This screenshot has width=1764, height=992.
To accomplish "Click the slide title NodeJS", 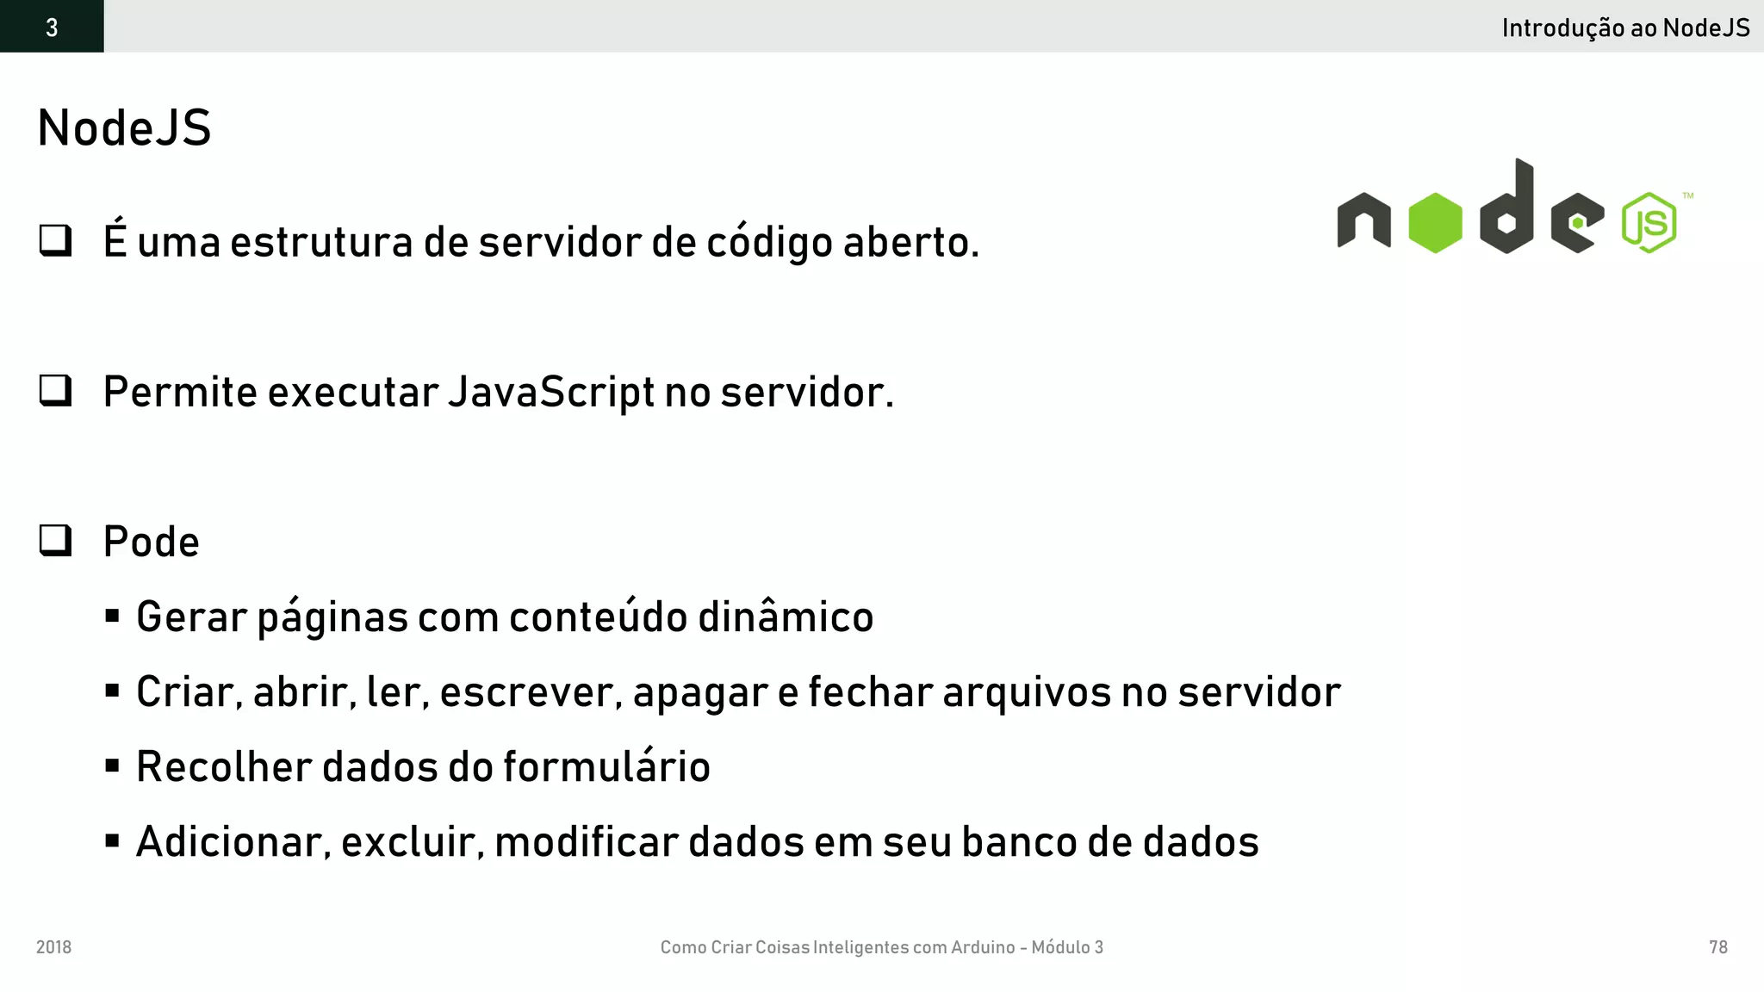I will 124,129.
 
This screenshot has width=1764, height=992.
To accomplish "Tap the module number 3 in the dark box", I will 52,28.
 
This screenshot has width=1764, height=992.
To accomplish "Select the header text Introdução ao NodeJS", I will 1625,28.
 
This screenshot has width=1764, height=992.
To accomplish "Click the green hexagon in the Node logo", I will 1435,223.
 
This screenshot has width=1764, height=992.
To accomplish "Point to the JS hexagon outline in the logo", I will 1649,223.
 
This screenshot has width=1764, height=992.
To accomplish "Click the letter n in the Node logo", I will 1363,221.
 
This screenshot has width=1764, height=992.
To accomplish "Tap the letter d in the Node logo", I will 1507,211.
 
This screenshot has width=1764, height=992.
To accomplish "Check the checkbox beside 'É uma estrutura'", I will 56,240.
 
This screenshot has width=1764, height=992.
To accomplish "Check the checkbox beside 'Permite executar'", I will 56,391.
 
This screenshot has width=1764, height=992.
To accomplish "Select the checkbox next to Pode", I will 56,541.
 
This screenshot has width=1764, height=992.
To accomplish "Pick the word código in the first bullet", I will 770,242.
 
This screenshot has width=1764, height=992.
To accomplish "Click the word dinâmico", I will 786,617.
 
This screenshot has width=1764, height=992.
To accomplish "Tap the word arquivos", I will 1027,692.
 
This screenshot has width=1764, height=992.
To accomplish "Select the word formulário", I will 606,766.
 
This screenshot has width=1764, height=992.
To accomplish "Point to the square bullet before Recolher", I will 112,766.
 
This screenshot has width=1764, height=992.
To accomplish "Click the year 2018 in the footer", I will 53,947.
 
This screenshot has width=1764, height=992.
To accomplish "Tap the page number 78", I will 1717,947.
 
